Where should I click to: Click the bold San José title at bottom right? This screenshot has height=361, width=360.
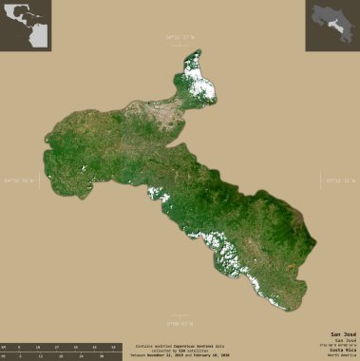[343, 335]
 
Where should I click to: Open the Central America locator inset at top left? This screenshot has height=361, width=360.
[27, 26]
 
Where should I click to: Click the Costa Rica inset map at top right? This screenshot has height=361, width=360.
[332, 26]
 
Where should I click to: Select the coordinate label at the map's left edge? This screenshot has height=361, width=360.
[19, 180]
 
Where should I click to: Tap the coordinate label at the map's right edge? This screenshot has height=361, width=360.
[339, 180]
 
